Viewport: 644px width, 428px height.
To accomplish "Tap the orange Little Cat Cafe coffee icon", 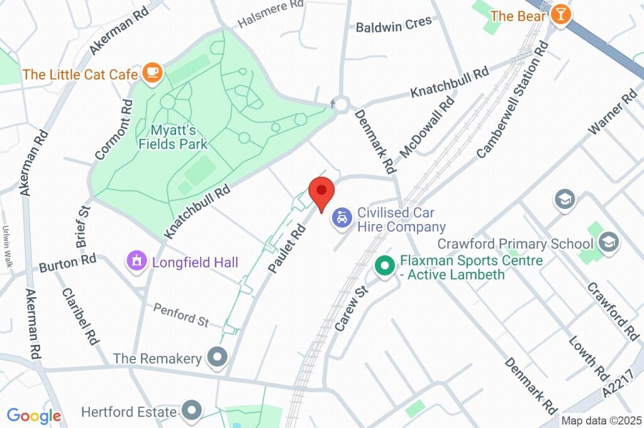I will (152, 74).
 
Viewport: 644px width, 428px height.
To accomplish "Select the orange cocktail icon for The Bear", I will (559, 16).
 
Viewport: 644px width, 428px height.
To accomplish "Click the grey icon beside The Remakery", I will (218, 358).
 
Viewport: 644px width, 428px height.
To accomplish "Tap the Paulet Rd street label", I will (287, 249).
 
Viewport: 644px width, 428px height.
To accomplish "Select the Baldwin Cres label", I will (394, 25).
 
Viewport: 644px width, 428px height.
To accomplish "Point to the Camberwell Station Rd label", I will (513, 101).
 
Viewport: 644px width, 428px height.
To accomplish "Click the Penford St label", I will (182, 315).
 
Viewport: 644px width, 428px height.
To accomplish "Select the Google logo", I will (34, 416).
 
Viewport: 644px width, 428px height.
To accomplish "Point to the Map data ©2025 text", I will (601, 420).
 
